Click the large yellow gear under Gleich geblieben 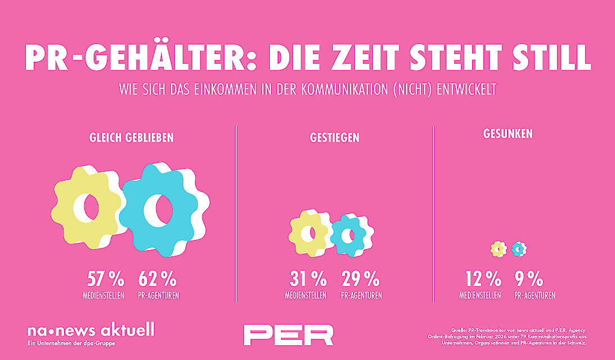(x=87, y=206)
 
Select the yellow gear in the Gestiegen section (x=309, y=232)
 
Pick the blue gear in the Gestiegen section (x=349, y=235)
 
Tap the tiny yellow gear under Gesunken (x=498, y=249)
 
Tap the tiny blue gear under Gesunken (x=518, y=249)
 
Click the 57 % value (x=105, y=278)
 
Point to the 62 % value (x=157, y=278)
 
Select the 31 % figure (x=307, y=278)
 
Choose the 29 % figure (x=360, y=278)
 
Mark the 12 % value (x=482, y=278)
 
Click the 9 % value (x=528, y=278)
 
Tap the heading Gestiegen (x=334, y=137)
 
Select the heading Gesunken (x=508, y=134)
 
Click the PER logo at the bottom (x=288, y=335)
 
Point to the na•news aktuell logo (x=91, y=330)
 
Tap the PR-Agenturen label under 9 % (x=534, y=295)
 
